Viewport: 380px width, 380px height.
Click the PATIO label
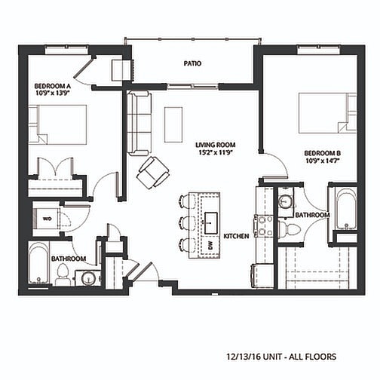(x=192, y=63)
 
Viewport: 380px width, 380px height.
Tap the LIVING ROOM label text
(x=216, y=145)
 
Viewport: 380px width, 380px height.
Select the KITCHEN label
(x=236, y=236)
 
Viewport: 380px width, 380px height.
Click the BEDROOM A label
(x=53, y=86)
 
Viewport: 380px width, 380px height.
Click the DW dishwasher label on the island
(x=210, y=246)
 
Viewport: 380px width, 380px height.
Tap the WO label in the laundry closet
(x=47, y=219)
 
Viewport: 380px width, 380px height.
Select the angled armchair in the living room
(x=153, y=172)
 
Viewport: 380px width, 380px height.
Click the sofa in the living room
(x=139, y=124)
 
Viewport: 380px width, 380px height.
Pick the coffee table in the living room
(x=173, y=124)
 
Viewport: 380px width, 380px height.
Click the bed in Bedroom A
(x=57, y=124)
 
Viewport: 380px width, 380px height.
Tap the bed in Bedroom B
(x=328, y=113)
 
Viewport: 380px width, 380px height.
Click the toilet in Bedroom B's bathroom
(x=290, y=228)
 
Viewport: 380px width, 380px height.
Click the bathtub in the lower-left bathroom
(x=38, y=263)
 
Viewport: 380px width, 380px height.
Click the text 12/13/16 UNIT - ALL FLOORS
(x=281, y=357)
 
